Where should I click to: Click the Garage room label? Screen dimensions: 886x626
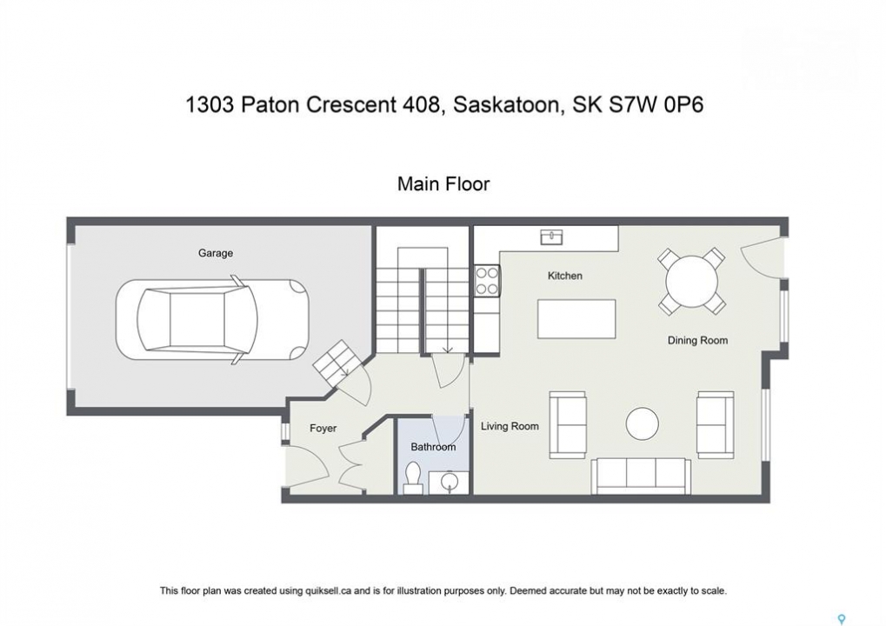(216, 253)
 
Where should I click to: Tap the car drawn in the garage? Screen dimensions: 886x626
(212, 320)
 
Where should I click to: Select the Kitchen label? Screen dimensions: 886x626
(564, 276)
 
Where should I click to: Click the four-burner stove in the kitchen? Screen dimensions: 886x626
(487, 281)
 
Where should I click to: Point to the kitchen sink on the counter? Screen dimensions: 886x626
(551, 236)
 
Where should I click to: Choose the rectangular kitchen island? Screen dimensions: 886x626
(576, 319)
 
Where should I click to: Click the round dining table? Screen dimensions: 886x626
(691, 282)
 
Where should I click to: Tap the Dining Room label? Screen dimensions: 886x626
(697, 340)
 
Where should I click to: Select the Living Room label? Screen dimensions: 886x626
(510, 426)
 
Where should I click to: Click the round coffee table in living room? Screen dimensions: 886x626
(643, 423)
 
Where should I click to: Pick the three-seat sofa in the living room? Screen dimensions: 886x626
(641, 476)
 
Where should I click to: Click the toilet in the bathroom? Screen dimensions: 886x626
(413, 478)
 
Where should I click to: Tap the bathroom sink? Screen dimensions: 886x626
(450, 482)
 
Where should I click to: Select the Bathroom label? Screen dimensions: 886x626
(433, 447)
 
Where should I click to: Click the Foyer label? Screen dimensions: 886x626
(323, 429)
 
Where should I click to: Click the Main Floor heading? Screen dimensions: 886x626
(443, 183)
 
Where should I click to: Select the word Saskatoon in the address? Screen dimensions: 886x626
(505, 105)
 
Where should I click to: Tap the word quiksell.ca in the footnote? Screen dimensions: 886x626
(329, 591)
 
